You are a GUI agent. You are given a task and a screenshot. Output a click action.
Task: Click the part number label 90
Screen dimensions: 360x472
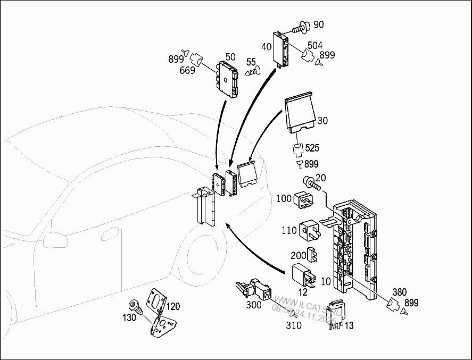click(318, 24)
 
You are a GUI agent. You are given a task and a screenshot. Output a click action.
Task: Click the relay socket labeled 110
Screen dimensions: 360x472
click(310, 231)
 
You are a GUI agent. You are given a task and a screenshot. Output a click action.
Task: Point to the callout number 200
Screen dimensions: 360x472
click(299, 256)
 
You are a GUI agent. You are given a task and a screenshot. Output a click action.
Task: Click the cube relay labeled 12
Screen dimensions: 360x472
click(303, 274)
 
